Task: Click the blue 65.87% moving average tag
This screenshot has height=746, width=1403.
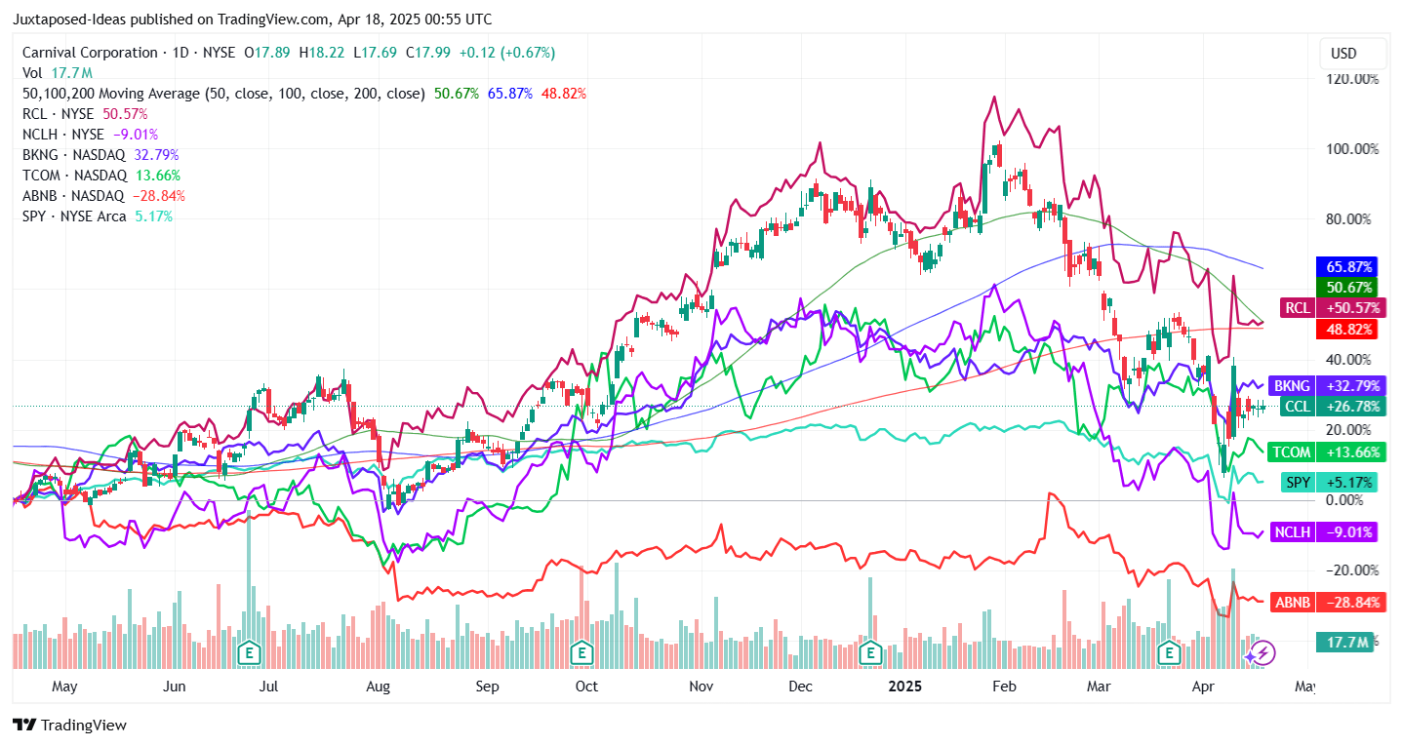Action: [x=1347, y=266]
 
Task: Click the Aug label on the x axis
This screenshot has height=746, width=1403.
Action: [x=378, y=687]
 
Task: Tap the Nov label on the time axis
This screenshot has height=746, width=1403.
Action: [x=701, y=687]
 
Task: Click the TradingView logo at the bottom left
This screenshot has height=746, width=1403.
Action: [x=69, y=726]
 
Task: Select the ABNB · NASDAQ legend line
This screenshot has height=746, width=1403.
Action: [x=103, y=195]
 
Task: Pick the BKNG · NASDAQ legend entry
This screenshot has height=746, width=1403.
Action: [x=100, y=154]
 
